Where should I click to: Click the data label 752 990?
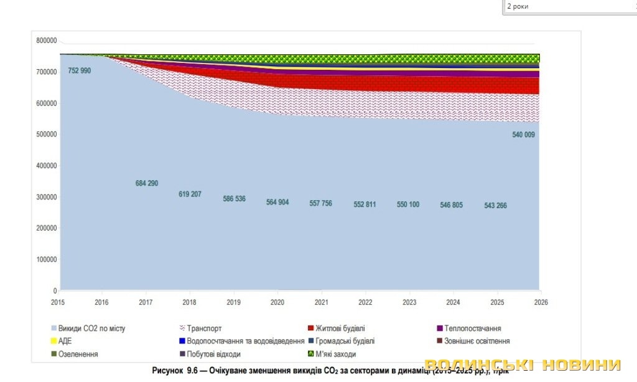point(79,71)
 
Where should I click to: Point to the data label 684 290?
point(147,183)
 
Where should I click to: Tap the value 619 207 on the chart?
point(190,194)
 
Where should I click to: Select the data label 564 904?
point(277,202)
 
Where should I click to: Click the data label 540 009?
point(523,135)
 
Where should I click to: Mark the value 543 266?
point(495,206)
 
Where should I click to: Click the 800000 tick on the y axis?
point(47,41)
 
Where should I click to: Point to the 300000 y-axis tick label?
point(47,197)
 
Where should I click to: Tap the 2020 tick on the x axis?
point(278,302)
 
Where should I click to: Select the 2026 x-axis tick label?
point(541,302)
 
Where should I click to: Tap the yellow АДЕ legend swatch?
point(53,341)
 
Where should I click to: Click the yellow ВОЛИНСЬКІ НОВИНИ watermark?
point(523,365)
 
